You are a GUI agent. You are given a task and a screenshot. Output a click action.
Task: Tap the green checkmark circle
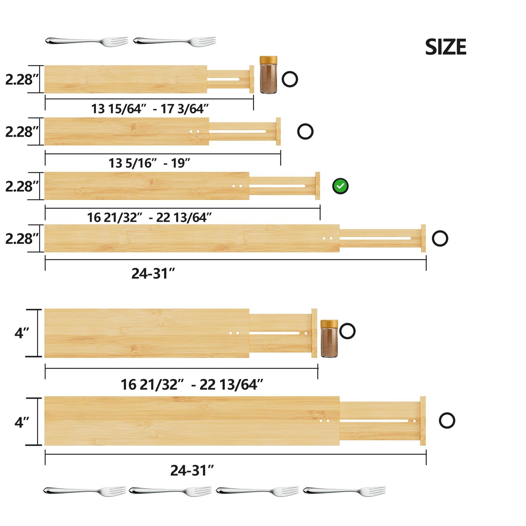(340, 186)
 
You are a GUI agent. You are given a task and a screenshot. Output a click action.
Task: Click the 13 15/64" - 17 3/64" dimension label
(150, 109)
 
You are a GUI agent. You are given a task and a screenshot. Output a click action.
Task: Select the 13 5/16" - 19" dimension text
(149, 163)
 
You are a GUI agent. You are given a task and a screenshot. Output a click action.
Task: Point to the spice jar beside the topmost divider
(268, 75)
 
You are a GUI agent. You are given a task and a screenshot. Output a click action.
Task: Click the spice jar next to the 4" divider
(329, 339)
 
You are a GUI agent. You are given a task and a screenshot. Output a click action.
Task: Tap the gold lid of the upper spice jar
(268, 60)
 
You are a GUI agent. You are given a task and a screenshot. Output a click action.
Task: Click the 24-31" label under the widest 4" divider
(192, 470)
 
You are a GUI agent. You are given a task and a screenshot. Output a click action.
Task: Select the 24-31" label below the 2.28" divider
(153, 274)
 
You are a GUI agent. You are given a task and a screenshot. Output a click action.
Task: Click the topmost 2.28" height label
(22, 80)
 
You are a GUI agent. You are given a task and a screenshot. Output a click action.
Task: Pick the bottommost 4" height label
(22, 422)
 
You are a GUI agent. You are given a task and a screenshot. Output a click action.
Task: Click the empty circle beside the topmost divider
(290, 79)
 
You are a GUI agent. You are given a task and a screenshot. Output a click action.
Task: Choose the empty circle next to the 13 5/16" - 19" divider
(305, 131)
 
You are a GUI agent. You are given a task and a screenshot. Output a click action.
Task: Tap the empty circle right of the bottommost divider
(447, 420)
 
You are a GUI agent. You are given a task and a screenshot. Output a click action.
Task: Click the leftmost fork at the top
(86, 41)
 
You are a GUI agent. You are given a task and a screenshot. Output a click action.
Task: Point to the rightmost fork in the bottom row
(344, 491)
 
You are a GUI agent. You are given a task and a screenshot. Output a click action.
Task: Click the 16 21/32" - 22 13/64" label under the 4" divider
(192, 385)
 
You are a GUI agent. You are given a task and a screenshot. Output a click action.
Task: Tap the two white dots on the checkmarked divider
(237, 186)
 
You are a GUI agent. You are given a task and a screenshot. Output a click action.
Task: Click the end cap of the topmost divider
(251, 79)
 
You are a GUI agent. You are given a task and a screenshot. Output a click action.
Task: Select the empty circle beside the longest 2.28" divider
(440, 238)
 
